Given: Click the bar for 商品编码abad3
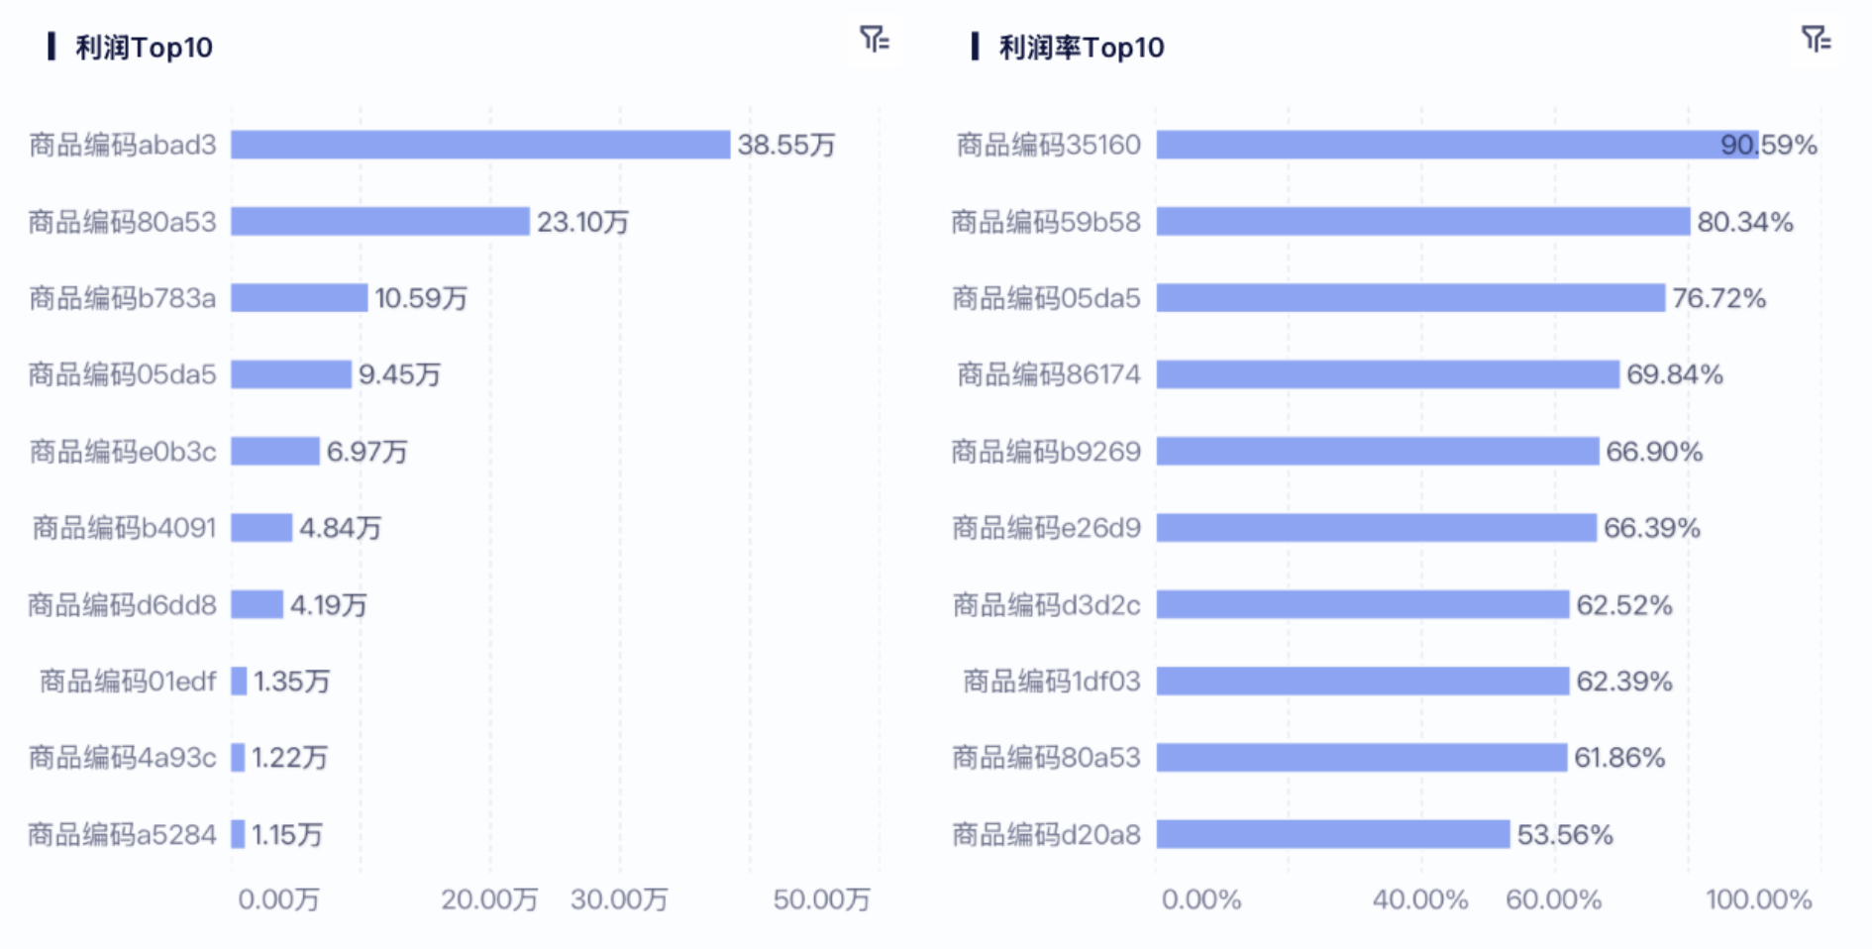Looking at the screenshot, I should coord(480,145).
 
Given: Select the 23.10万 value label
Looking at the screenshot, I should coord(582,222).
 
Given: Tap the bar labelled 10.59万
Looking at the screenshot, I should coord(299,298).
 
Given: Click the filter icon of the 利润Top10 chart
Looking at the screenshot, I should coord(874,40).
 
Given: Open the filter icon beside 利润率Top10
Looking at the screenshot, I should coord(1816,40).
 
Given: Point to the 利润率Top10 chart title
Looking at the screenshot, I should coord(1081,48).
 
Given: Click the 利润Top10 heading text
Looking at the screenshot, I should coord(144,48).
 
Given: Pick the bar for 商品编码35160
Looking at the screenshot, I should coord(1456,145).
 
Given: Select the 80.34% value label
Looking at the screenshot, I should coord(1744,222).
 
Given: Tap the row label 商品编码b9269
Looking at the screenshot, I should coord(1046,452).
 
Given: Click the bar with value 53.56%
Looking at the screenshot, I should coord(1333,834).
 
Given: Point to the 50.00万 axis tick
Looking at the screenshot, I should coord(821,899).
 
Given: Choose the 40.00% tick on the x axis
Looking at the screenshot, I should coord(1419,899).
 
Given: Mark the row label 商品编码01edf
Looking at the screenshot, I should coord(127,682).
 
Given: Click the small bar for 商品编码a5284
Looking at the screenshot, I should coord(238,834).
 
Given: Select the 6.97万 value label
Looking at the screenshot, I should coord(366,452).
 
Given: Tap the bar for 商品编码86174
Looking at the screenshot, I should coord(1388,374).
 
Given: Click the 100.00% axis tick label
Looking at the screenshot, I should coord(1758,899).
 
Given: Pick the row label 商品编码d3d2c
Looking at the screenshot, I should coord(1046,605).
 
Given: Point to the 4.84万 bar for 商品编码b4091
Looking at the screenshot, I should coord(261,528).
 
